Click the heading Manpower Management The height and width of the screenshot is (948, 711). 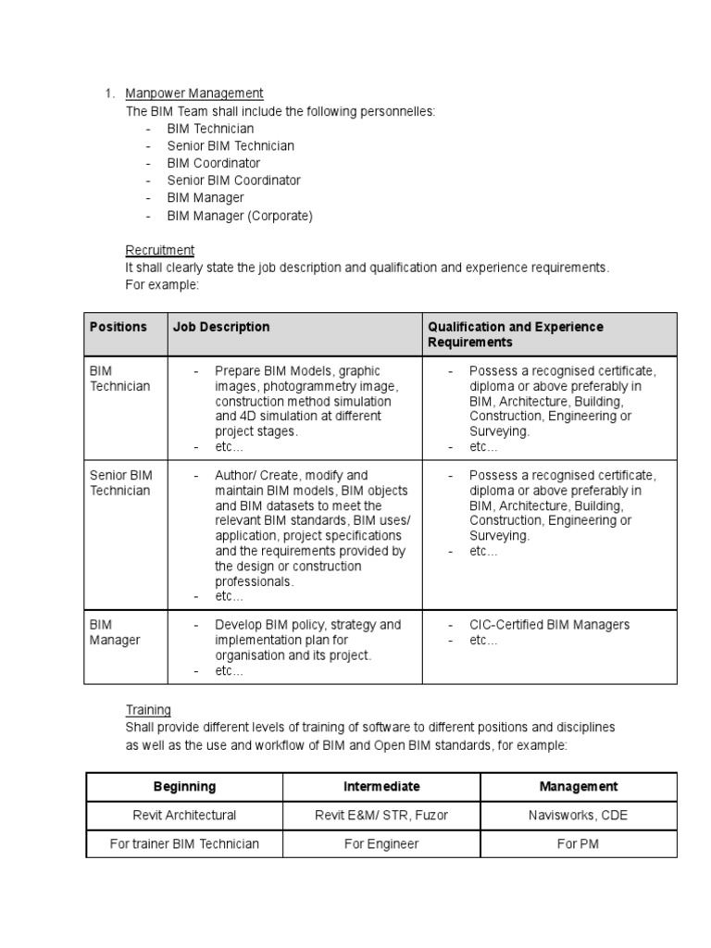tap(194, 94)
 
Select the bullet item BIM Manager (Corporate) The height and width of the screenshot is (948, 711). tap(240, 216)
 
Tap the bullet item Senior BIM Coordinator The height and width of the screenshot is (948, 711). tap(233, 181)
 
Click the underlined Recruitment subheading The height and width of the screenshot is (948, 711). tap(160, 250)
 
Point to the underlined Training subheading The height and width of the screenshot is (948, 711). tap(148, 710)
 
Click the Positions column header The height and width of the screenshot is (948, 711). tap(118, 327)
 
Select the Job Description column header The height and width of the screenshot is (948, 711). tap(221, 327)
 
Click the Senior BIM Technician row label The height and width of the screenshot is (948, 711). tap(120, 482)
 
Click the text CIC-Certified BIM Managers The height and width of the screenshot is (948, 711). tap(549, 625)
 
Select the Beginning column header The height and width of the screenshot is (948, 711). tap(184, 786)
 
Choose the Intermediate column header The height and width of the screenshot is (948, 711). tap(381, 786)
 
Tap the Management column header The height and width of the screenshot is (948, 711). tap(579, 786)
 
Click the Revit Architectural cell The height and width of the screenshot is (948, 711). tap(184, 816)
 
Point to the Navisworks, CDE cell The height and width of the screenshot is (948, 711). tap(579, 816)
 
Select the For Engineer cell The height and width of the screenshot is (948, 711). tap(381, 843)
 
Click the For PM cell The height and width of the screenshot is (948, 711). tap(579, 843)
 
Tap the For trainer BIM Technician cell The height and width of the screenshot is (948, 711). tap(184, 843)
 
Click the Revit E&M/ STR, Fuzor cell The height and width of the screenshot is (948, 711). tap(381, 816)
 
